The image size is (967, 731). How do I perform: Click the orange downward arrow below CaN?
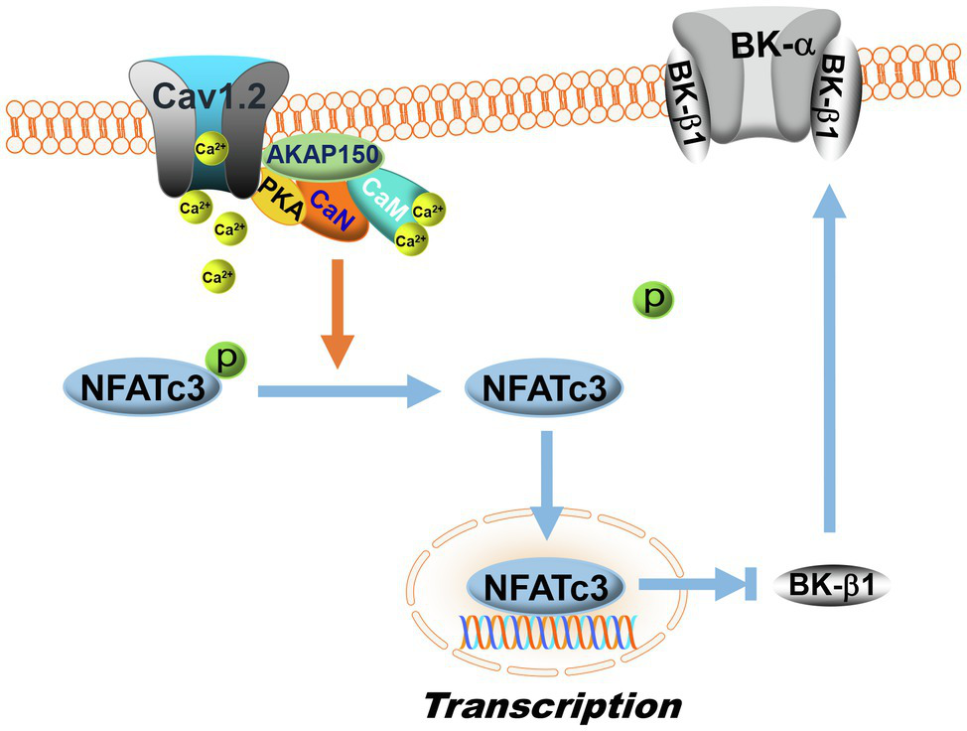pyautogui.click(x=341, y=313)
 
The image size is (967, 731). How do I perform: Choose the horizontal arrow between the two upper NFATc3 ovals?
pyautogui.click(x=347, y=393)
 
